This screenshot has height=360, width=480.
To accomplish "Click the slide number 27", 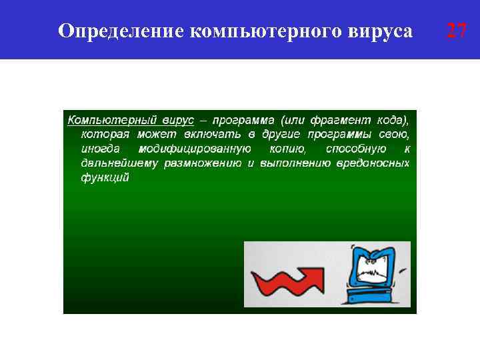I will click(x=456, y=31).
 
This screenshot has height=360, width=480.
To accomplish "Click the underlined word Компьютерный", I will click(x=107, y=120).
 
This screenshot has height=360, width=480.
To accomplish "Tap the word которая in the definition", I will click(x=104, y=134).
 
